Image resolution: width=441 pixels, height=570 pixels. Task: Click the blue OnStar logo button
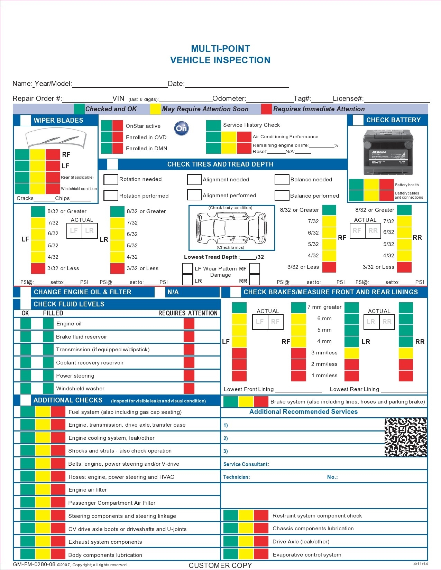click(x=181, y=129)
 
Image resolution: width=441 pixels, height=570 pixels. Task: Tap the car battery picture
click(x=388, y=152)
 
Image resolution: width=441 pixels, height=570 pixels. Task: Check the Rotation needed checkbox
click(x=111, y=180)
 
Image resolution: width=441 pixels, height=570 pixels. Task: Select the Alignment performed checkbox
click(x=194, y=195)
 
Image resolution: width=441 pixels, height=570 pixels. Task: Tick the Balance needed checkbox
click(x=282, y=180)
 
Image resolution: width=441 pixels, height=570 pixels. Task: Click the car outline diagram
click(x=231, y=227)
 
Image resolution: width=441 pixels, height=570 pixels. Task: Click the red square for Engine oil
click(x=189, y=324)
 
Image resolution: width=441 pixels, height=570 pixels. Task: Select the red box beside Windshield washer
click(x=189, y=388)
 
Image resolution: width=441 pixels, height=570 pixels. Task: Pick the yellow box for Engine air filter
click(x=43, y=490)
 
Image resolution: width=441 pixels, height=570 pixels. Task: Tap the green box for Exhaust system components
click(x=28, y=542)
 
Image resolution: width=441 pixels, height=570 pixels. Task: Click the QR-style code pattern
click(x=406, y=437)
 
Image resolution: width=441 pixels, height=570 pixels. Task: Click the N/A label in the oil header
click(x=173, y=292)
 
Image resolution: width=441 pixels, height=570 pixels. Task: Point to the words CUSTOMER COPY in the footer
click(x=220, y=566)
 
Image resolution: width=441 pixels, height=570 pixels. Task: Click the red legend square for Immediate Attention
click(x=266, y=109)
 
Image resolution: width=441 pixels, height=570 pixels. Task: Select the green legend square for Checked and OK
click(x=79, y=109)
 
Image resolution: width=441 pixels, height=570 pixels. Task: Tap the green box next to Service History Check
click(x=213, y=125)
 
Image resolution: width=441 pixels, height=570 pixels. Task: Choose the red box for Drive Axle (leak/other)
click(x=261, y=541)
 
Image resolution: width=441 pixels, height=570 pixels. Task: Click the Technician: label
click(x=236, y=477)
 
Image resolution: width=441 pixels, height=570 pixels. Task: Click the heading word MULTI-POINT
click(x=220, y=49)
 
